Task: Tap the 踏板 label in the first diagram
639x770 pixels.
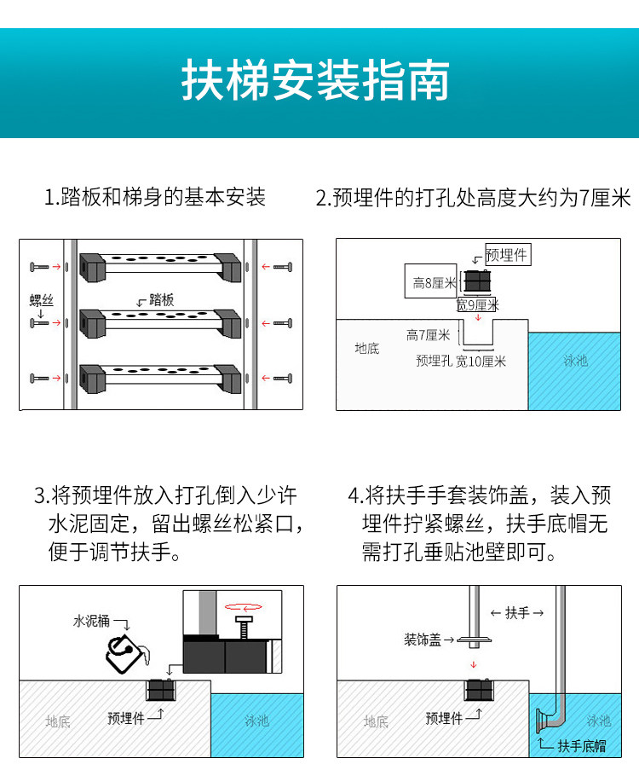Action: click(161, 299)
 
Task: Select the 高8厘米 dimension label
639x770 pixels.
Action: click(434, 282)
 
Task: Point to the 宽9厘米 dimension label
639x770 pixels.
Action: click(477, 304)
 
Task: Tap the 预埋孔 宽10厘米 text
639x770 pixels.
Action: click(461, 361)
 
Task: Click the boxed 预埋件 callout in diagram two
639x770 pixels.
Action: click(507, 254)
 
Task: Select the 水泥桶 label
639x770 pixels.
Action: click(91, 621)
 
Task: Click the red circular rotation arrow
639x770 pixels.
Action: click(242, 607)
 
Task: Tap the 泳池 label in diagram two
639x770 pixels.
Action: click(575, 361)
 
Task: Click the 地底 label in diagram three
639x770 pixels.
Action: click(58, 721)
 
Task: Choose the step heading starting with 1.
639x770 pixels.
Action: click(155, 198)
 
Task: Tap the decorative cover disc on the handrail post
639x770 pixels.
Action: click(475, 640)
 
